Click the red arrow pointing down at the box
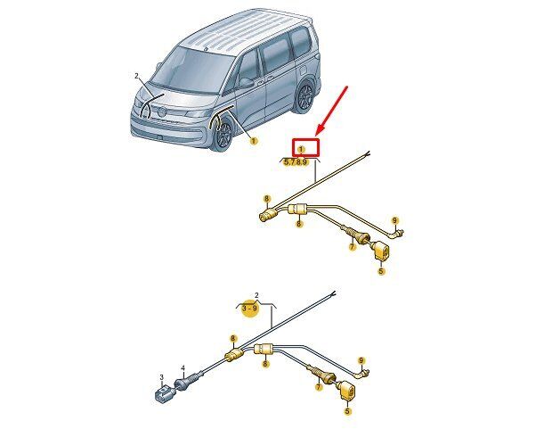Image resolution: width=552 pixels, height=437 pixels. (331, 111)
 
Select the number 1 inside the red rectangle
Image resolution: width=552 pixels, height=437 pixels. (301, 150)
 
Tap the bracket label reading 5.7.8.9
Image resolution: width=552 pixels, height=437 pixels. (296, 162)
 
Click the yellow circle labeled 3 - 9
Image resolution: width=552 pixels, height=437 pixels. (250, 309)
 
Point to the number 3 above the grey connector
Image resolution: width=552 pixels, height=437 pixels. (161, 377)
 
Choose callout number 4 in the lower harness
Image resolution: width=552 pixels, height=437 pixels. (183, 368)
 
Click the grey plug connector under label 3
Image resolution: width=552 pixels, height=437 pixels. (163, 393)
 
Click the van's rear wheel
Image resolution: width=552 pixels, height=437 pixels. (304, 96)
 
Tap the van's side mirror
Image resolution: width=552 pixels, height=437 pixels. (247, 83)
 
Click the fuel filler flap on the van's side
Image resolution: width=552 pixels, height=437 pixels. (304, 68)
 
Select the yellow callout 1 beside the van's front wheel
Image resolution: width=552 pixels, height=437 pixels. (253, 141)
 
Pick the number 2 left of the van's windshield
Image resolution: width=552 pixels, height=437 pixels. (136, 76)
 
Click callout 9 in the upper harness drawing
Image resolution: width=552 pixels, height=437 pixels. (395, 221)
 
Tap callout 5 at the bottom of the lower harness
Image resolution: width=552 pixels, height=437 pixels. (347, 411)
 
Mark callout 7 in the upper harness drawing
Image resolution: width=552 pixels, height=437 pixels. (353, 247)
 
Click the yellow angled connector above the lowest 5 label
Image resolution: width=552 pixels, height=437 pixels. (347, 392)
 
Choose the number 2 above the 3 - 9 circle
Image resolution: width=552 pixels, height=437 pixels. (256, 295)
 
